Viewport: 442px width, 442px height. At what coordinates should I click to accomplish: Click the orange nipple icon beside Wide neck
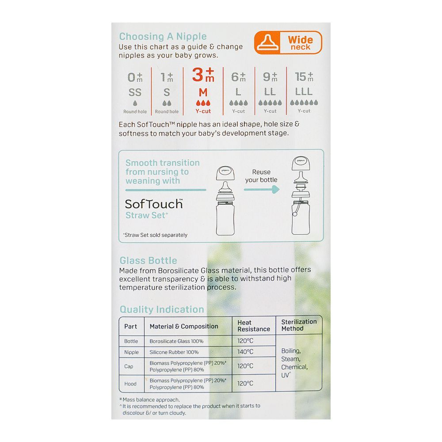pyautogui.click(x=267, y=43)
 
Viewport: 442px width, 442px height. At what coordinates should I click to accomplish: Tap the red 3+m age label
pyautogui.click(x=203, y=75)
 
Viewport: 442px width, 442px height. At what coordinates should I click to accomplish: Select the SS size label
pyautogui.click(x=135, y=92)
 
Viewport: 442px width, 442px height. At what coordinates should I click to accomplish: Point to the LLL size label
pyautogui.click(x=304, y=92)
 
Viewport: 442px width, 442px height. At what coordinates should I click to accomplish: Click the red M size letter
pyautogui.click(x=203, y=92)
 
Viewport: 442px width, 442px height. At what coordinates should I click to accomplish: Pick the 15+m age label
pyautogui.click(x=304, y=77)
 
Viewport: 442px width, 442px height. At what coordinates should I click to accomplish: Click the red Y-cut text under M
pyautogui.click(x=203, y=111)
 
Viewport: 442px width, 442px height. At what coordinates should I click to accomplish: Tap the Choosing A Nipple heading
pyautogui.click(x=163, y=36)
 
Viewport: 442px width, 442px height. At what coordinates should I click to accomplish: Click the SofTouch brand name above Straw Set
pyautogui.click(x=154, y=204)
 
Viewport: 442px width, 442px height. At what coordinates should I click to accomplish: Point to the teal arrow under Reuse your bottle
pyautogui.click(x=262, y=189)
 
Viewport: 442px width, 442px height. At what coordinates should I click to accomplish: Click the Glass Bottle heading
pyautogui.click(x=148, y=261)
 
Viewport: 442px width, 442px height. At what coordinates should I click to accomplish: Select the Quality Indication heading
pyautogui.click(x=162, y=309)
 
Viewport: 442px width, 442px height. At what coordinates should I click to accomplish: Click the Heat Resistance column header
pyautogui.click(x=253, y=326)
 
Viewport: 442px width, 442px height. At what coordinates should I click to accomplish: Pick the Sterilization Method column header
pyautogui.click(x=299, y=325)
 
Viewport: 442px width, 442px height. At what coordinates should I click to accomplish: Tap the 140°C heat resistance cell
pyautogui.click(x=245, y=352)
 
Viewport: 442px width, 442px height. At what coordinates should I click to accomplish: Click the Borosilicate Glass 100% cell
pyautogui.click(x=176, y=341)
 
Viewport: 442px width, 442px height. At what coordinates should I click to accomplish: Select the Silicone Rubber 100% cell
pyautogui.click(x=174, y=352)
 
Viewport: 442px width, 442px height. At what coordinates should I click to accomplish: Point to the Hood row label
pyautogui.click(x=130, y=384)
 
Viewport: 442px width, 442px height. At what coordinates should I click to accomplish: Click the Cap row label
pyautogui.click(x=129, y=366)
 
